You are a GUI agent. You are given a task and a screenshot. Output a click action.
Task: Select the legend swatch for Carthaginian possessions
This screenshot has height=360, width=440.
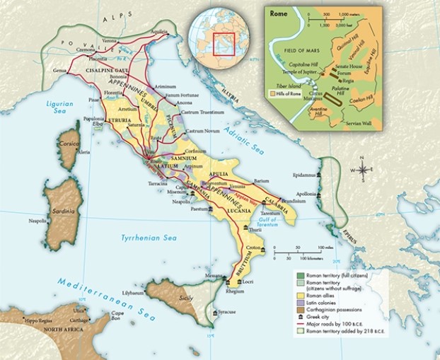[301, 310]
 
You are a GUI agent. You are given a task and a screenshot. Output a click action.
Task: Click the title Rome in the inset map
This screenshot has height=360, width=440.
[277, 11]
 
